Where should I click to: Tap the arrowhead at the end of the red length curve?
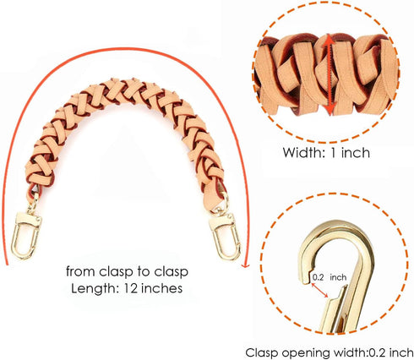(x=246, y=265)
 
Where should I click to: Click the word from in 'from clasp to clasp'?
(x=80, y=271)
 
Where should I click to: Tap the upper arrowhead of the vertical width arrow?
(x=329, y=40)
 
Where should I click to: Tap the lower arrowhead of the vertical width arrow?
(x=330, y=109)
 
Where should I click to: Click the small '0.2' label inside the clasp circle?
(x=318, y=277)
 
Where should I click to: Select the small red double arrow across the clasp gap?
(x=319, y=290)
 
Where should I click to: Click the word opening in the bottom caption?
(x=307, y=353)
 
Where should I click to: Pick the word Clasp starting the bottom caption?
(x=262, y=352)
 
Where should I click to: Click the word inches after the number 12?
(x=161, y=288)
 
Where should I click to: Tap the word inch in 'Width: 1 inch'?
(x=355, y=152)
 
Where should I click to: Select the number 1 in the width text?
(x=333, y=152)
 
